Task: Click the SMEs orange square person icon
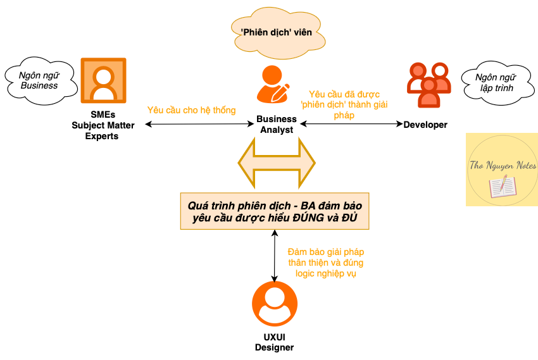coord(103,81)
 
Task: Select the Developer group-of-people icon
coord(429,85)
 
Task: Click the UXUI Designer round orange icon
coord(275,304)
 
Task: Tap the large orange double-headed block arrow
coord(277,163)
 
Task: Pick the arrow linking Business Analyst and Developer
coord(351,124)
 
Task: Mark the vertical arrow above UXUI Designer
coord(274,256)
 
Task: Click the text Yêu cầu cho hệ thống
coord(191,110)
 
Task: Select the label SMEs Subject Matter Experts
coord(103,126)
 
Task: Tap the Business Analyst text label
coord(276,124)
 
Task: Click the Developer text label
coord(425,125)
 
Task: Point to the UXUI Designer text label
coord(274,342)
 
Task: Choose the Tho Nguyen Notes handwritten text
coord(501,166)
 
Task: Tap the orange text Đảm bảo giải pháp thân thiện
coord(325,256)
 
